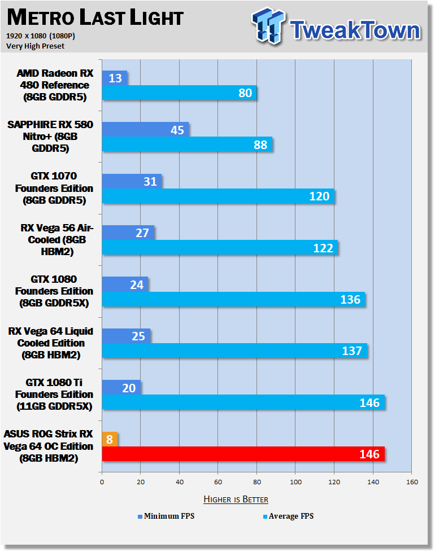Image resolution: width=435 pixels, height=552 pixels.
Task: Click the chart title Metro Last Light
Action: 95,17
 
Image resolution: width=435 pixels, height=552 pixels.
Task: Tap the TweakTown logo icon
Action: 268,25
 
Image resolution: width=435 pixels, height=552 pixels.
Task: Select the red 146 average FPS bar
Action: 243,454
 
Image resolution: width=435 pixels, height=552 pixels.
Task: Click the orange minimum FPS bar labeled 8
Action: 110,439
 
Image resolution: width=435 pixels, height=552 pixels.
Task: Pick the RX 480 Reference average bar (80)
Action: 179,93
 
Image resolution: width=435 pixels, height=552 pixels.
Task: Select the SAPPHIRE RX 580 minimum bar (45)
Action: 145,129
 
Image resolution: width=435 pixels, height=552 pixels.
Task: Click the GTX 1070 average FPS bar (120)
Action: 219,196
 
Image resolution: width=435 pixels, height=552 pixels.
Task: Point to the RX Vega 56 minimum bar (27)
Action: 128,233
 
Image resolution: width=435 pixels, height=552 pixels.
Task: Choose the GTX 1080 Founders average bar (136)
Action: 233,299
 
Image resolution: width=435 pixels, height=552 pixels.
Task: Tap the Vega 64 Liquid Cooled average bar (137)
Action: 234,351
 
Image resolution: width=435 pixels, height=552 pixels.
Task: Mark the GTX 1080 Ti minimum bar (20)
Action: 121,387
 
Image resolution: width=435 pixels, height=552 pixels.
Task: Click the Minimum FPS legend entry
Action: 166,516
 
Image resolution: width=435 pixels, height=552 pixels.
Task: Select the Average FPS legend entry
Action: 288,516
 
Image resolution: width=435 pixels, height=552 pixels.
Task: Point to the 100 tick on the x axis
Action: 295,482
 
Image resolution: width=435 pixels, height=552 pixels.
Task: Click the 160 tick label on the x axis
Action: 412,482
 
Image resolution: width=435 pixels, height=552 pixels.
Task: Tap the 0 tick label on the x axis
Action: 102,482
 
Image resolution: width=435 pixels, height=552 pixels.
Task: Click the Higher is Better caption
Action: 236,499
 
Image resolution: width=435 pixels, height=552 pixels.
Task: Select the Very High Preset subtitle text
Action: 35,46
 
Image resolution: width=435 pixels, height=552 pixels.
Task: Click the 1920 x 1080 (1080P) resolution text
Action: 41,36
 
